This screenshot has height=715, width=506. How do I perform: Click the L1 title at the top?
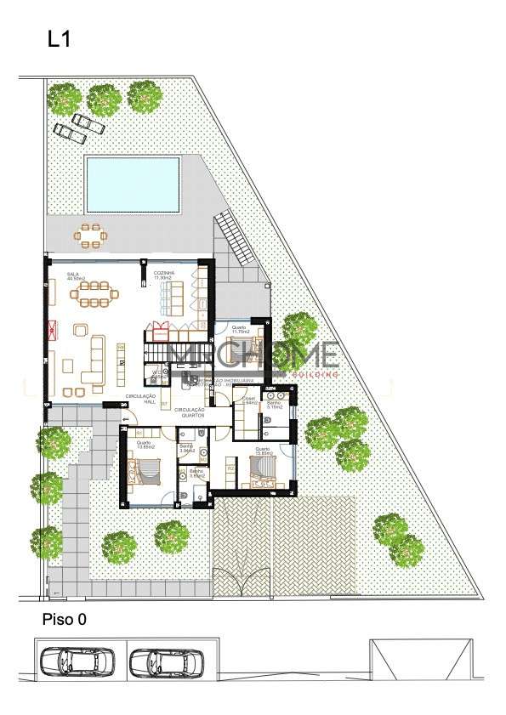[x=58, y=41]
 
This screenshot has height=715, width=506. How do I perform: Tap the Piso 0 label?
[x=65, y=621]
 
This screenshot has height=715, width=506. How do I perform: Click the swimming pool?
[x=132, y=184]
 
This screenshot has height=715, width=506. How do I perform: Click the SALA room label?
[x=75, y=275]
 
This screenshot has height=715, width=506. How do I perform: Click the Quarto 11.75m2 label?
[x=241, y=328]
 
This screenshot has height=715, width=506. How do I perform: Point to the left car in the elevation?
[x=76, y=661]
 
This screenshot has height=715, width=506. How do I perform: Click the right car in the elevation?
[x=167, y=661]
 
